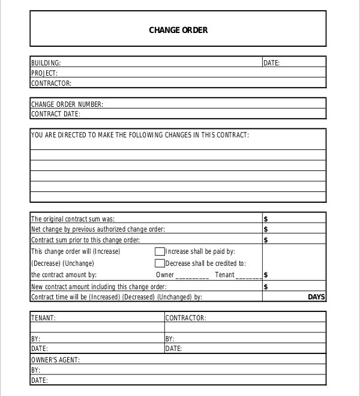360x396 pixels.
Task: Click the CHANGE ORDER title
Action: (178, 30)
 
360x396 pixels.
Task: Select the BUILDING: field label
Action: (46, 63)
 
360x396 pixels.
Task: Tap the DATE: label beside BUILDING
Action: (271, 63)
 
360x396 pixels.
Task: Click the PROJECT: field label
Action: (44, 73)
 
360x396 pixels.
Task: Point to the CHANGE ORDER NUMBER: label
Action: (67, 104)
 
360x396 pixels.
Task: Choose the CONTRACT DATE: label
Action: (56, 114)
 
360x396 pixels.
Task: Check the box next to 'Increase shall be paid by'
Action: (160, 251)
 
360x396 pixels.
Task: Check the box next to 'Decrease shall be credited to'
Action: (160, 263)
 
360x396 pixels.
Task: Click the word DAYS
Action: (316, 297)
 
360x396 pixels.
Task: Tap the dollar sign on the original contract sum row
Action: (266, 219)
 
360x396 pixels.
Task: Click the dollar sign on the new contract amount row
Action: (266, 287)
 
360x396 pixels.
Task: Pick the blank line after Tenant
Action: (248, 275)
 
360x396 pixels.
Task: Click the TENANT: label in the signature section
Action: (43, 318)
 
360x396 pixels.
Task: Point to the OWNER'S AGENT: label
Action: (55, 360)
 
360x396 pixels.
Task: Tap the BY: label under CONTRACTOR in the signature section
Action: (170, 339)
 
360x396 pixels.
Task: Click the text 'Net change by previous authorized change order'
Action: (98, 229)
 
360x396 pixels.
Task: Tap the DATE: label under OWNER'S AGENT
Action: (39, 380)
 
